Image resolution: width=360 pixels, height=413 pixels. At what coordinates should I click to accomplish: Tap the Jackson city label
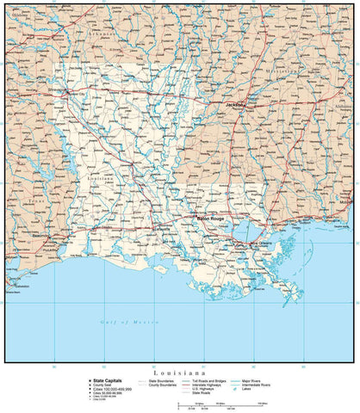click(x=235, y=105)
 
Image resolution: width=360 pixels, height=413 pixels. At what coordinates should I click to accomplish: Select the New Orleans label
click(x=261, y=243)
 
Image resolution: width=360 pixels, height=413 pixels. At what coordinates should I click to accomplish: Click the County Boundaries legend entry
click(x=164, y=384)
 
